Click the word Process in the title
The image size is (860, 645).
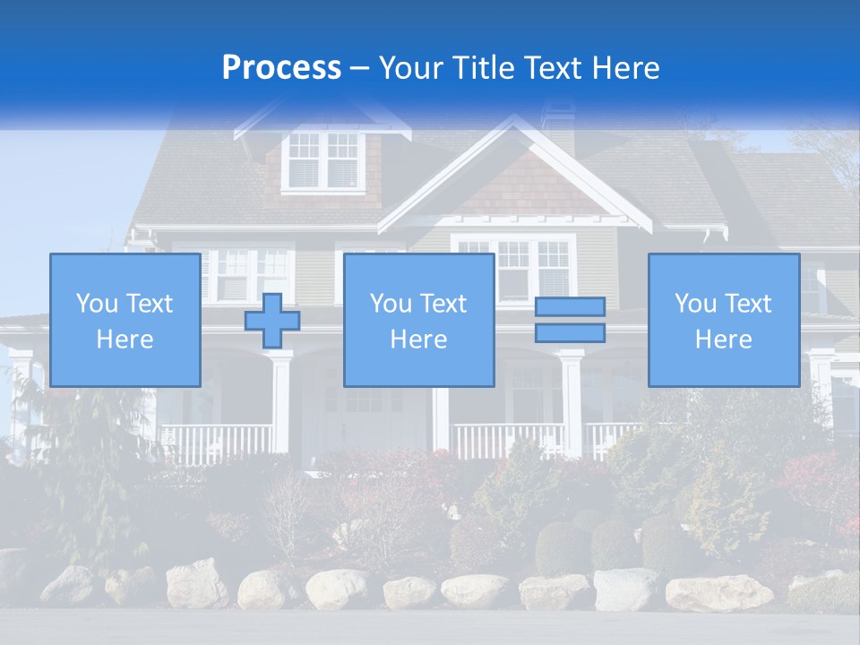[x=281, y=67]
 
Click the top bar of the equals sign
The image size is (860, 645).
[x=570, y=307]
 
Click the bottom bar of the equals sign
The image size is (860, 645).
[x=570, y=333]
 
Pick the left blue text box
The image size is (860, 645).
[x=125, y=320]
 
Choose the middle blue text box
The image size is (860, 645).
[x=418, y=320]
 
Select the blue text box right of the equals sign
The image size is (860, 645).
[x=723, y=320]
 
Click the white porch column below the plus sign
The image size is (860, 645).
[x=281, y=403]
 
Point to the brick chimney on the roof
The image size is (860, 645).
[x=557, y=121]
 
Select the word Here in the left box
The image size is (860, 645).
[x=125, y=340]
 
